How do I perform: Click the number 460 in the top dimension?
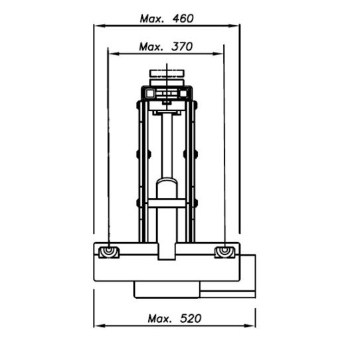point(183,19)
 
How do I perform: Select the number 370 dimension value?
point(182,47)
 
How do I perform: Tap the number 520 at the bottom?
point(191,319)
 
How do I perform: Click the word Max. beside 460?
point(152,19)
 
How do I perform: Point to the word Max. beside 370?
point(151,47)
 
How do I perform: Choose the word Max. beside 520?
point(160,319)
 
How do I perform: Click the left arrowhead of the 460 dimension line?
point(100,26)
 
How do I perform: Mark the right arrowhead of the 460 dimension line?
point(234,26)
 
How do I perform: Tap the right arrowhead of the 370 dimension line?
point(218,54)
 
